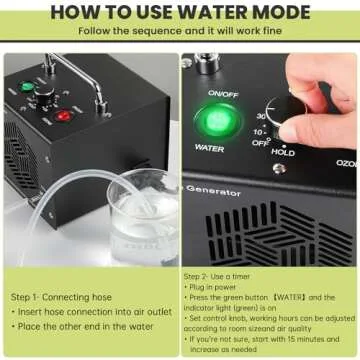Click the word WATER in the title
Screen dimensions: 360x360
(x=226, y=12)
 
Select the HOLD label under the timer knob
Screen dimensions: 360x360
(x=283, y=152)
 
